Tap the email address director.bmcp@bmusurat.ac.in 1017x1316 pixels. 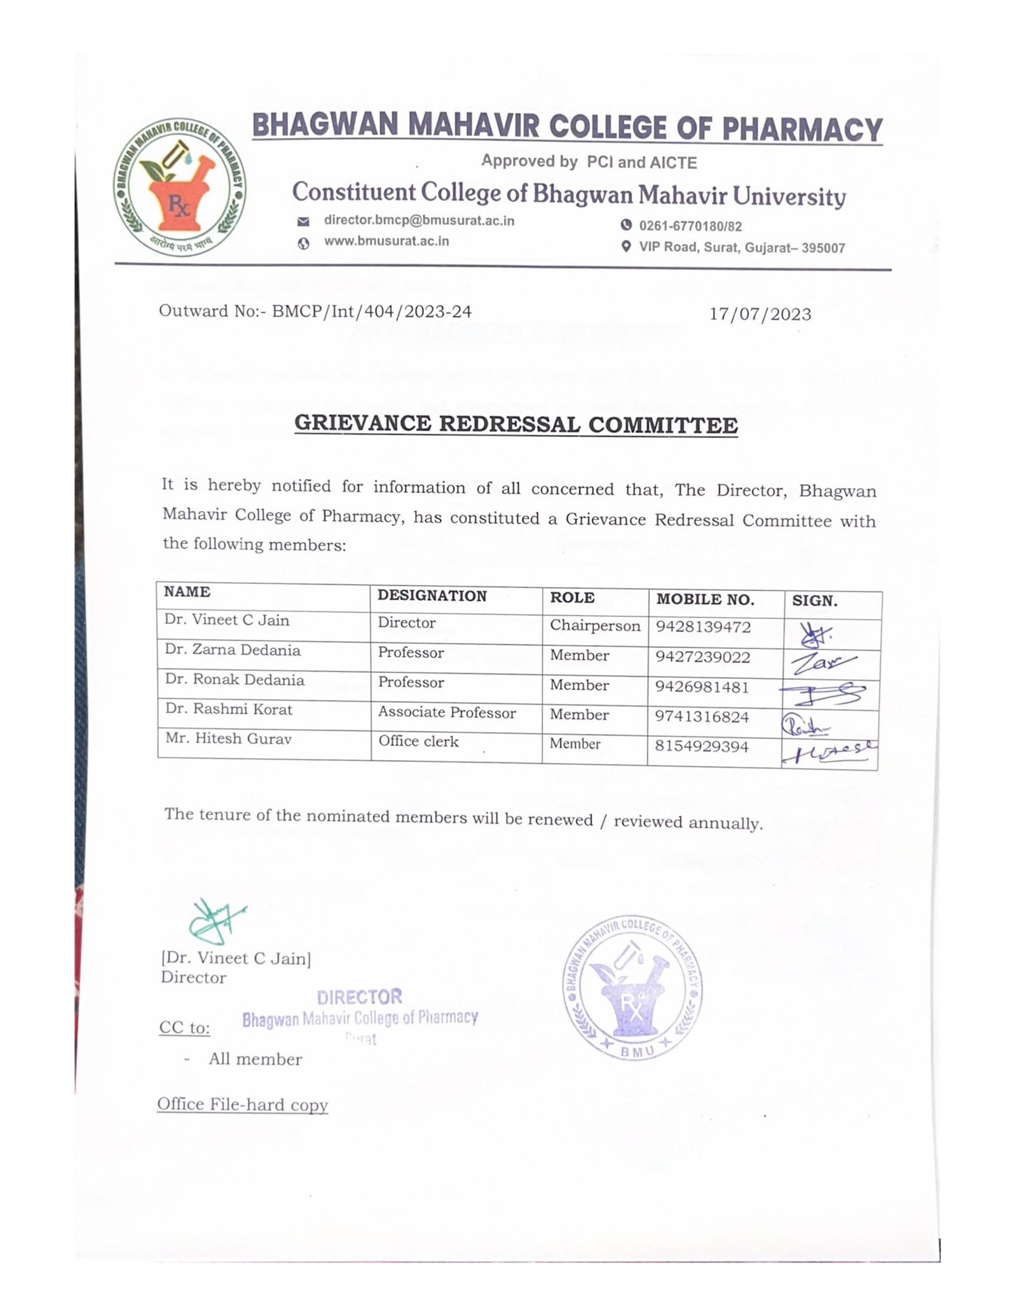pyautogui.click(x=419, y=220)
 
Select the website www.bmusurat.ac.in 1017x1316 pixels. pyautogui.click(x=386, y=241)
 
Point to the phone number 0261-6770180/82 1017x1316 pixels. pyautogui.click(x=690, y=226)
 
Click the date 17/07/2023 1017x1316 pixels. pyautogui.click(x=760, y=314)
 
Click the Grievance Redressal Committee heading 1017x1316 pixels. pyautogui.click(x=516, y=424)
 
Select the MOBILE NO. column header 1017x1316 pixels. pyautogui.click(x=705, y=599)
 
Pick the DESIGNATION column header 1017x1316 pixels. pyautogui.click(x=432, y=595)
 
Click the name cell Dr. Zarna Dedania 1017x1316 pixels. pyautogui.click(x=233, y=650)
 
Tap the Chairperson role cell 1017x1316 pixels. pyautogui.click(x=595, y=625)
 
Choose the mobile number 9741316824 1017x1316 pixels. pyautogui.click(x=703, y=717)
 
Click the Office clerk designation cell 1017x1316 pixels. pyautogui.click(x=418, y=742)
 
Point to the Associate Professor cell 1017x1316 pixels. pyautogui.click(x=447, y=712)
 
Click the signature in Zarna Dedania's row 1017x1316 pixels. pyautogui.click(x=824, y=663)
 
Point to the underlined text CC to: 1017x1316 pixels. pyautogui.click(x=184, y=1028)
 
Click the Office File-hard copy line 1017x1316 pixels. pyautogui.click(x=243, y=1104)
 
